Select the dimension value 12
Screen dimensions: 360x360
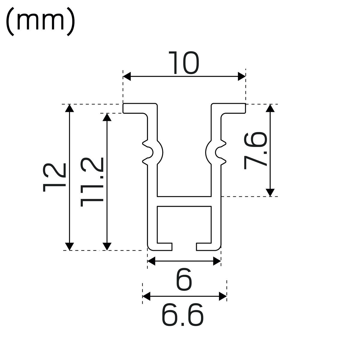click(54, 177)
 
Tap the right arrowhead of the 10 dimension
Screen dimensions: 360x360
click(241, 76)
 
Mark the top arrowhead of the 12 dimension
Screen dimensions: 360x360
click(69, 108)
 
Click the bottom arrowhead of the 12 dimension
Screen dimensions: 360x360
click(69, 246)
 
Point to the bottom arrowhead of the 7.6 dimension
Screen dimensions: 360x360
click(270, 192)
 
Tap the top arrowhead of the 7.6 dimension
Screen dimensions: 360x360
click(270, 108)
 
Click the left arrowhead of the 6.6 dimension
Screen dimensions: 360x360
click(146, 296)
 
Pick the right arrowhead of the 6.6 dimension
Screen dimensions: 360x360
click(223, 296)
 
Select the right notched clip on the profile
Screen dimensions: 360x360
click(216, 152)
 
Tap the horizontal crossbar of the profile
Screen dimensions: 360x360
click(184, 201)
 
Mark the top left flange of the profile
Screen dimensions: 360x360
click(139, 108)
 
